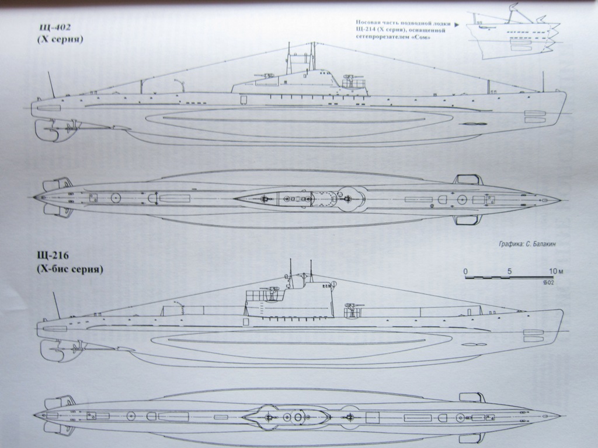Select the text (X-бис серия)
69,269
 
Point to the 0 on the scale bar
465,271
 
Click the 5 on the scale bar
509,271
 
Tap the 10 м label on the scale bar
554,271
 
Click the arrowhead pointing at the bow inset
455,25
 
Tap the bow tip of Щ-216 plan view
559,416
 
